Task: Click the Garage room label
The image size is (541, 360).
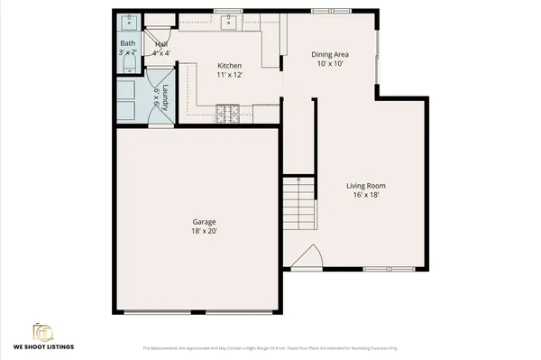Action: [204, 221]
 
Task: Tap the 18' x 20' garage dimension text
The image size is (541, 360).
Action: [204, 232]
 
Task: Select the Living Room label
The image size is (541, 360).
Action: [371, 186]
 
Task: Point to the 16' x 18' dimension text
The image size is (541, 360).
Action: [371, 197]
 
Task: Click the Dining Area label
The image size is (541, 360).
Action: [329, 54]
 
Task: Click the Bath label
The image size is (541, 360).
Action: [128, 42]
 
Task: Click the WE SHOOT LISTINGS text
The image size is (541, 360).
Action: [43, 346]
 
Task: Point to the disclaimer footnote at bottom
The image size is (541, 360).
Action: [270, 347]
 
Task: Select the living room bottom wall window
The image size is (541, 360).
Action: [389, 268]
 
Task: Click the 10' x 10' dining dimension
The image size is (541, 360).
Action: [329, 65]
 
